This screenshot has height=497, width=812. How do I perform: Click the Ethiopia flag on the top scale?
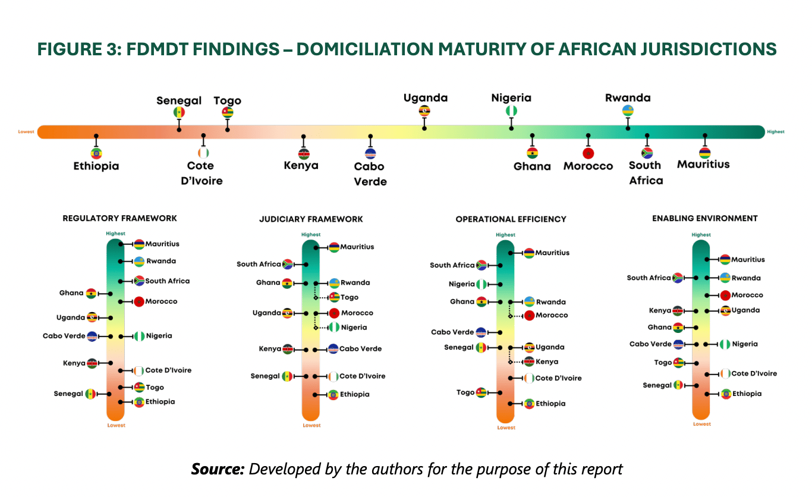click(96, 153)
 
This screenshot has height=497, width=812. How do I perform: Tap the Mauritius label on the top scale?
click(703, 165)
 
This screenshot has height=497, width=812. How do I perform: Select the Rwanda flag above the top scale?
click(628, 111)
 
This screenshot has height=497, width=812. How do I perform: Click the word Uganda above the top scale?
click(426, 98)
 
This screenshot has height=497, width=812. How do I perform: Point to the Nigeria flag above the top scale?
click(511, 111)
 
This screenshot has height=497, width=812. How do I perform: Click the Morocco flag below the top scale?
click(588, 153)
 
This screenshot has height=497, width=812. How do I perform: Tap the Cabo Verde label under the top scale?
click(370, 174)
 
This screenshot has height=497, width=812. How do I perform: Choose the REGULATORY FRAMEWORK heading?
click(120, 218)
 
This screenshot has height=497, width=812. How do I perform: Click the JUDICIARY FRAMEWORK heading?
click(311, 219)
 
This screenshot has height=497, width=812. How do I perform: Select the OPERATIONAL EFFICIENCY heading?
click(511, 219)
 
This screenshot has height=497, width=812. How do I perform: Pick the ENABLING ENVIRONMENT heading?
click(705, 218)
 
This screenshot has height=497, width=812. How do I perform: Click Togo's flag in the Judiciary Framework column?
click(334, 297)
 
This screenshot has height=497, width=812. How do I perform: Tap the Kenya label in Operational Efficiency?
click(547, 361)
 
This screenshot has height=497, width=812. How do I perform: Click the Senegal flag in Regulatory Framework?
click(90, 394)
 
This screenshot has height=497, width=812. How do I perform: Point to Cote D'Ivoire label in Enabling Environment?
click(754, 373)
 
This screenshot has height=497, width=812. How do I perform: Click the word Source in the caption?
click(218, 469)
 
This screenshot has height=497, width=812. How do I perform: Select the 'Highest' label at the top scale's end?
click(776, 132)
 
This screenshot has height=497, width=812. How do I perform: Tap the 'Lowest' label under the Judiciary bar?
click(311, 425)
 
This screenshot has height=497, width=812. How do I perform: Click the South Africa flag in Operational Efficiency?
click(481, 265)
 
